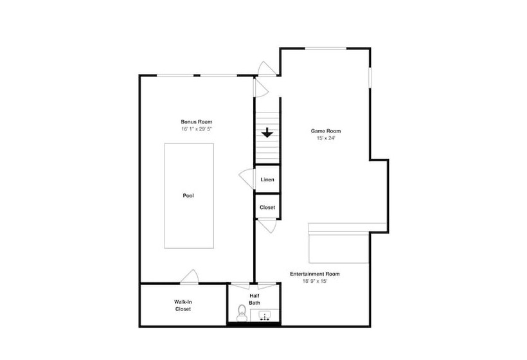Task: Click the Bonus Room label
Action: (x=196, y=122)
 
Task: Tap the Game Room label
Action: (x=325, y=131)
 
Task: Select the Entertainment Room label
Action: (x=314, y=274)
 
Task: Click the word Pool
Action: (x=188, y=195)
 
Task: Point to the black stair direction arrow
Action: (x=267, y=132)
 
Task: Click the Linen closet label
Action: (x=267, y=179)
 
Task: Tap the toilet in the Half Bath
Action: (x=241, y=313)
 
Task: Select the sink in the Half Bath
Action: (x=265, y=316)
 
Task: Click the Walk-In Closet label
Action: (x=183, y=305)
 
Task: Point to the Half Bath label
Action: (x=255, y=299)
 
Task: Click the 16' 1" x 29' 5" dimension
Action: (x=196, y=129)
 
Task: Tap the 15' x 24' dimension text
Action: (x=325, y=138)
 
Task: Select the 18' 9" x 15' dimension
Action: (x=314, y=281)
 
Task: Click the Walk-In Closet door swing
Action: (x=190, y=276)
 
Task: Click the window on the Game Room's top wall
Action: (x=326, y=48)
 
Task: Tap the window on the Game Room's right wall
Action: (x=370, y=78)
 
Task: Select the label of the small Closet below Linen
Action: (x=267, y=208)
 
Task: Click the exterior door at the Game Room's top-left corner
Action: (x=267, y=68)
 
